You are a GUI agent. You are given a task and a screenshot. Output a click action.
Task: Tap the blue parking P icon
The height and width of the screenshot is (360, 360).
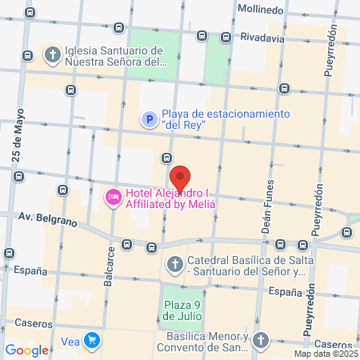[149, 119]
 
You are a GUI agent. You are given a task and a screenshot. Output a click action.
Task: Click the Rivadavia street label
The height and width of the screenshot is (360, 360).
[263, 37]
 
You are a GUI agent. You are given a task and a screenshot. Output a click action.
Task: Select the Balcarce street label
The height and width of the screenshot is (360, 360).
[109, 263]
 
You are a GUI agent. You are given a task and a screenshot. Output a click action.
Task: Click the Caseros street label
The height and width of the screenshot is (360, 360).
[32, 323]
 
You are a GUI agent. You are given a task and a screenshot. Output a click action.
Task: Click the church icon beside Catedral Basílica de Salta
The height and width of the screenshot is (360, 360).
[175, 264]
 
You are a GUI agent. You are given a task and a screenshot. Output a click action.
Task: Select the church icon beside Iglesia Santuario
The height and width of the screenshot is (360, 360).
[54, 55]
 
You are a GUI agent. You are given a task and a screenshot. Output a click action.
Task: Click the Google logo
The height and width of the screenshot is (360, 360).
[26, 350]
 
